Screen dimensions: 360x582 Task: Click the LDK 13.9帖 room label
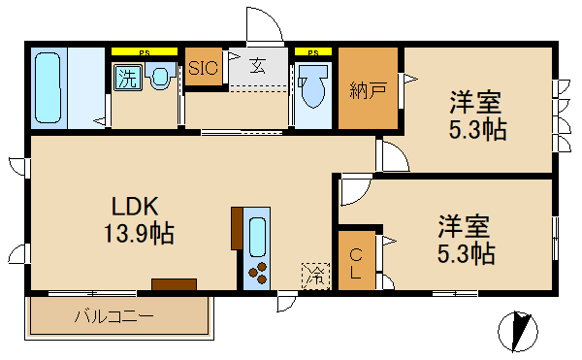click(141, 219)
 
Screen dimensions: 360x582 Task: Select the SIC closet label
click(204, 68)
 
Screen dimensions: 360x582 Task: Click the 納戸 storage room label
click(369, 91)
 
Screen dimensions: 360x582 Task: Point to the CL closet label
click(356, 263)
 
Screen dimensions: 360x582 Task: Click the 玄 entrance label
click(259, 67)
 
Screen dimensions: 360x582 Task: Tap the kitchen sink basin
click(257, 236)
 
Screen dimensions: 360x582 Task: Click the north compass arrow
click(518, 331)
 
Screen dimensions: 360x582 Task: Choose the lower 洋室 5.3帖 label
click(465, 240)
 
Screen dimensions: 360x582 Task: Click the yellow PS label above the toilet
click(313, 50)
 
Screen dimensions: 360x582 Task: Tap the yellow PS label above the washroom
click(144, 50)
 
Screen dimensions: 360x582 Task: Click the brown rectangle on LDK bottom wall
click(174, 284)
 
